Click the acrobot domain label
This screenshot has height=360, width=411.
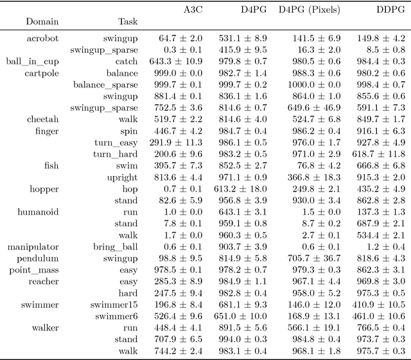pyautogui.click(x=42, y=39)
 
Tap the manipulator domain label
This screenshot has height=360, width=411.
pyautogui.click(x=33, y=247)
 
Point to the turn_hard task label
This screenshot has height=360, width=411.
pyautogui.click(x=115, y=154)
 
